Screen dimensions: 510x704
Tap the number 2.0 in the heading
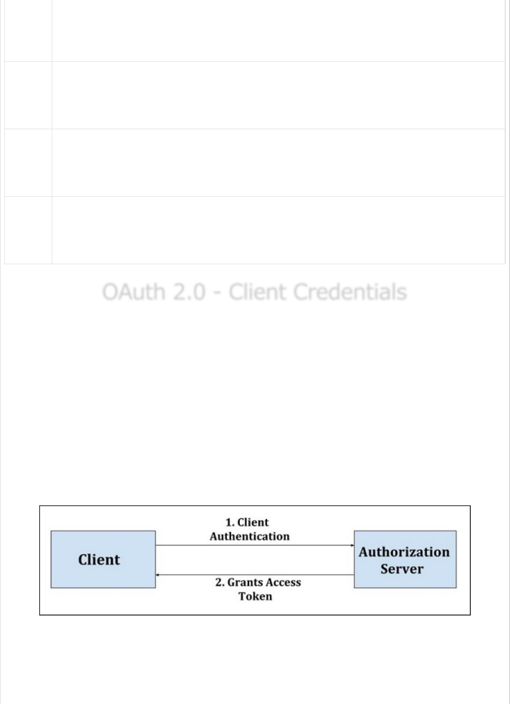pos(189,292)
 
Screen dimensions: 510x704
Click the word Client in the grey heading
pos(257,292)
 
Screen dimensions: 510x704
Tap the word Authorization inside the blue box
pos(404,552)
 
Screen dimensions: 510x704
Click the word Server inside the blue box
pos(402,569)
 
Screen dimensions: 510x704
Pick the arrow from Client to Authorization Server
pos(254,545)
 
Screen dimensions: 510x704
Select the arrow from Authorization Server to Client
pos(254,575)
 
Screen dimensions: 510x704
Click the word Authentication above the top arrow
pos(249,536)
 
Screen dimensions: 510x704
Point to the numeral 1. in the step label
pos(229,523)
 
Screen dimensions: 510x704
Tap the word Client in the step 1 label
pos(253,523)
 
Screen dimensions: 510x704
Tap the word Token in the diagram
pos(255,596)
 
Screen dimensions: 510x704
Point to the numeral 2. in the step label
pos(220,582)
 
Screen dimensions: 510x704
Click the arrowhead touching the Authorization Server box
pos(352,545)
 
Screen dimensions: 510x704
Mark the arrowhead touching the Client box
pos(158,575)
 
